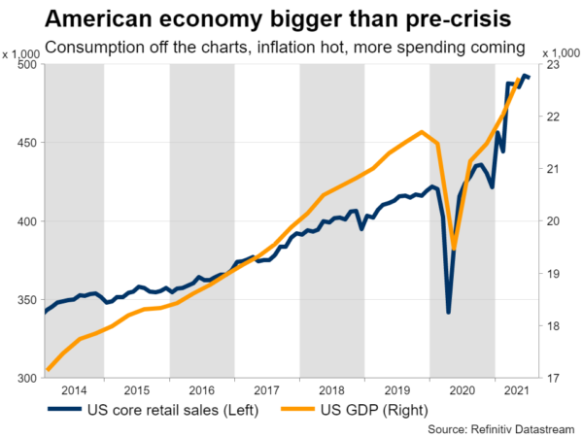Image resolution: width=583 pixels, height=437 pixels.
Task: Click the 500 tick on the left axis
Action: [24, 64]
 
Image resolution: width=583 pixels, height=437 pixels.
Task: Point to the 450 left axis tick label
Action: [24, 143]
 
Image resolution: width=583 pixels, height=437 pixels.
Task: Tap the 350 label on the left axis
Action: [24, 299]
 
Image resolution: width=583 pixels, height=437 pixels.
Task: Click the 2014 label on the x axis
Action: [73, 390]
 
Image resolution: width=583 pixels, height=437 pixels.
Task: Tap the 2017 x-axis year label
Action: [267, 390]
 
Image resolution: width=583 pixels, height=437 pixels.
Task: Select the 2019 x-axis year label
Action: [396, 390]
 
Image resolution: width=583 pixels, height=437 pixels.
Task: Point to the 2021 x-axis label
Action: [515, 390]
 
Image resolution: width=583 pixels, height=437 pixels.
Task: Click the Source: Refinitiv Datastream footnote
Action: [502, 428]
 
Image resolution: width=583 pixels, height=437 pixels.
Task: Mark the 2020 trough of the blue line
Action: [448, 312]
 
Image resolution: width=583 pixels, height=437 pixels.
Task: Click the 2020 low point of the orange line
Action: [454, 250]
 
